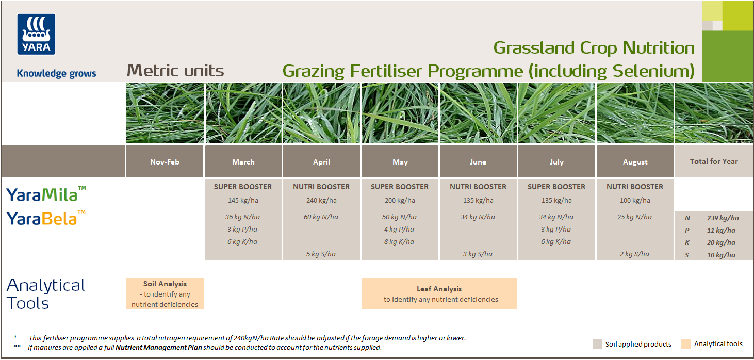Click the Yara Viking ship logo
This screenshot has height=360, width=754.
coord(36,34)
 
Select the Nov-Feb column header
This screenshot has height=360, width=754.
coord(165,162)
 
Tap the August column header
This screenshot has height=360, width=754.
coord(635,162)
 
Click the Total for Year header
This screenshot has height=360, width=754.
coord(714,161)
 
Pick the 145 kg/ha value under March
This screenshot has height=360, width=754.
coord(243,201)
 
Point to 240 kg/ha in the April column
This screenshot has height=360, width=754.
coord(321,201)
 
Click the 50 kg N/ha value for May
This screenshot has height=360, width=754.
coord(400,217)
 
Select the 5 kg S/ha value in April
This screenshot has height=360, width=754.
coord(321,254)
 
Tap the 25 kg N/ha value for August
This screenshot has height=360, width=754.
coord(635,217)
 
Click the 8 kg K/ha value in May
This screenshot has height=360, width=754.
coord(400,242)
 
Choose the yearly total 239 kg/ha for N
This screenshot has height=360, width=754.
coord(723,218)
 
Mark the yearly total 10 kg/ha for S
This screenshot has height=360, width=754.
coord(721,255)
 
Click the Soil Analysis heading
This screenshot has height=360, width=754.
coord(165,284)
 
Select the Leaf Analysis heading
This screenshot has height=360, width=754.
coord(439,289)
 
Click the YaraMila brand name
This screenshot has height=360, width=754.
coord(42,195)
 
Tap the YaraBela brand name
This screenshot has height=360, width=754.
coord(42,219)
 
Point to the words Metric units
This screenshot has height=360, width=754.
coord(175,71)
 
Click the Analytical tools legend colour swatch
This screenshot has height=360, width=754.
coord(685,344)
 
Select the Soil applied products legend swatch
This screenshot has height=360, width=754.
coord(597,344)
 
